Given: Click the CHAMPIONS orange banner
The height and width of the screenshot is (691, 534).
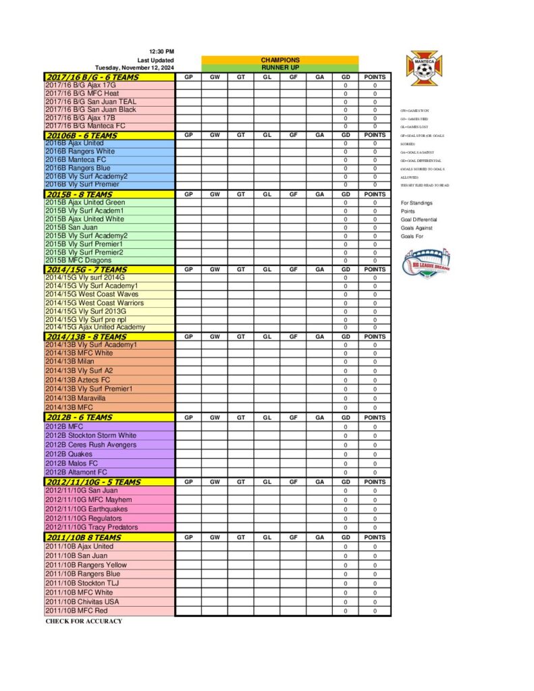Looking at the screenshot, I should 279,60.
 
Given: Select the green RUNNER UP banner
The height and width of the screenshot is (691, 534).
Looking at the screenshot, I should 279,68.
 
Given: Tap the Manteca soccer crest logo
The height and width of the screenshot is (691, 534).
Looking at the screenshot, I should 423,66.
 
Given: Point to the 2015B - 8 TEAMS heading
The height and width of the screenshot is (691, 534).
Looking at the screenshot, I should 79,194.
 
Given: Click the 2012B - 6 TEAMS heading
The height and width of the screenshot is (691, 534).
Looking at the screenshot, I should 79,418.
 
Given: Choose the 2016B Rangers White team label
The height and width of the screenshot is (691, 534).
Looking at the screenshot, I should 80,151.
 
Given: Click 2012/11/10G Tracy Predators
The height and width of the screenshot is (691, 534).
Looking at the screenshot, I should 91,527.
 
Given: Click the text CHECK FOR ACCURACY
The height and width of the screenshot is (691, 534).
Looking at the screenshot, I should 84,621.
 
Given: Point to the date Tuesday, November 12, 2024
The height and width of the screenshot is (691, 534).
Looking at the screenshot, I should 134,68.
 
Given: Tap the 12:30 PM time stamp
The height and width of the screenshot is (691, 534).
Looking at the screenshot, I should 161,52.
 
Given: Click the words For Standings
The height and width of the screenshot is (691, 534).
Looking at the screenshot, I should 417,203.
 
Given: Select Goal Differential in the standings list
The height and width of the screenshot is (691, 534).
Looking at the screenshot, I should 419,219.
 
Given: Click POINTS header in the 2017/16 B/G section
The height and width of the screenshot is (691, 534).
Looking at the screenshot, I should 375,78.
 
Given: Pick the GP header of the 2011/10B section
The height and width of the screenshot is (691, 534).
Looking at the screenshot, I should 188,538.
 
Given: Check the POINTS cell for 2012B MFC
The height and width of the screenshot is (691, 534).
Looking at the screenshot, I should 375,426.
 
